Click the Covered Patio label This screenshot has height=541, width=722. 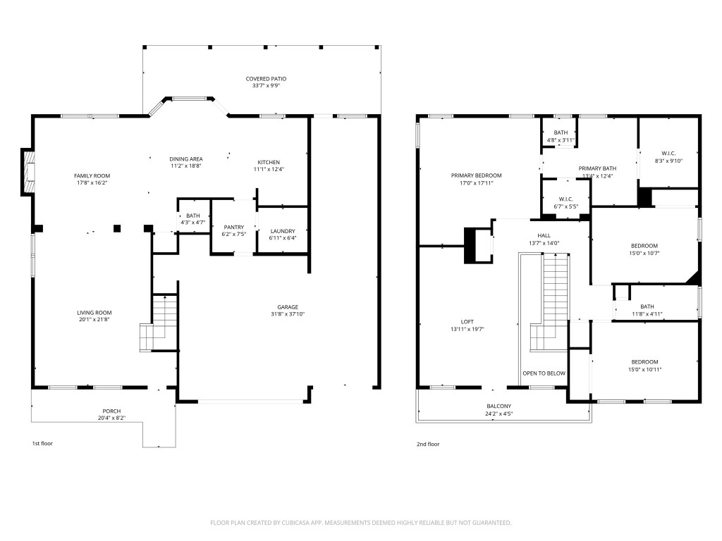point(266,79)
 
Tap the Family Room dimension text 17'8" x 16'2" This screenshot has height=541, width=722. point(92,183)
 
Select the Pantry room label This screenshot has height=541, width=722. point(233,227)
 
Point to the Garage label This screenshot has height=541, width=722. point(288,307)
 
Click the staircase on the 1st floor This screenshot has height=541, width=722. point(164,321)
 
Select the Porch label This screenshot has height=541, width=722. point(111,411)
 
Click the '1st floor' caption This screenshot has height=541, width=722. point(42,444)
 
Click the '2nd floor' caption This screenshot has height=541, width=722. point(428,444)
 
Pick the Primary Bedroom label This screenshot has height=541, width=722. point(477,175)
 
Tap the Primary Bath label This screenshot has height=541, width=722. point(597,168)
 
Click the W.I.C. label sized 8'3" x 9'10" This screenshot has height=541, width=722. point(668,153)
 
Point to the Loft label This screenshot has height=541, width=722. point(467,321)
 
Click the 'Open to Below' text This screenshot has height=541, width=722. point(544,373)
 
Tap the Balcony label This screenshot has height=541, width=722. point(499,406)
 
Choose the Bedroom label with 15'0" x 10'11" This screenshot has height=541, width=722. point(644,362)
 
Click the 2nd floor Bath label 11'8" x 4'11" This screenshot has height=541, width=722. point(647,306)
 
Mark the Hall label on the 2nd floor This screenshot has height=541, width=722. point(544,236)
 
